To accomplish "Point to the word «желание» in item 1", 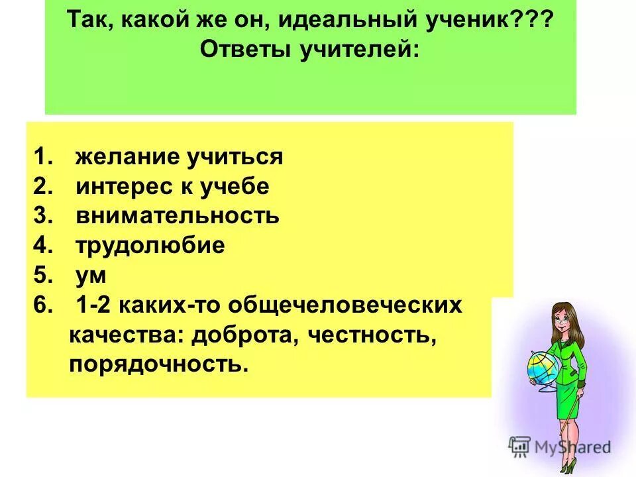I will (x=127, y=158).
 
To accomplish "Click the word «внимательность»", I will (x=177, y=217).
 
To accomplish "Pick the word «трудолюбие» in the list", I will (x=150, y=246).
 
